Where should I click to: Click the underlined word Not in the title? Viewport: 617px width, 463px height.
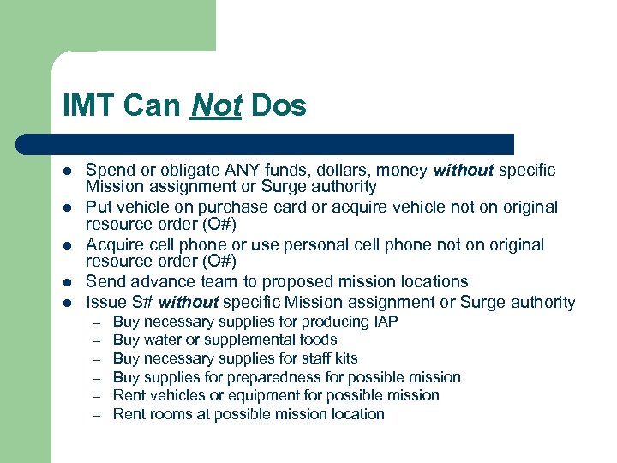pyautogui.click(x=217, y=106)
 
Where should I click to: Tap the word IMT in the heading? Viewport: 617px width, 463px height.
pyautogui.click(x=88, y=106)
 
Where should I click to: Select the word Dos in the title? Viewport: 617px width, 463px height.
pyautogui.click(x=279, y=106)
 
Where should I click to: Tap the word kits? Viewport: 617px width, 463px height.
pyautogui.click(x=343, y=358)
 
